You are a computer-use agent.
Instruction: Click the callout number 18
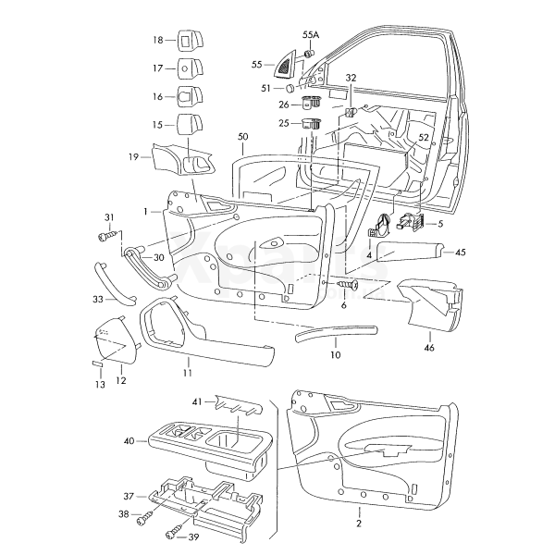click(x=157, y=40)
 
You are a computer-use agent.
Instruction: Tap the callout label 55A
click(x=310, y=34)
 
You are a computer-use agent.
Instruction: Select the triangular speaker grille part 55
click(x=282, y=65)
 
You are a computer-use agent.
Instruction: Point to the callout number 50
click(x=242, y=137)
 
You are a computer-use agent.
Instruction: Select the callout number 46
click(x=428, y=348)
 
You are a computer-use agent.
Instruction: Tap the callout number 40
click(x=128, y=441)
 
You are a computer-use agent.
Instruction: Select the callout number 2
click(x=358, y=524)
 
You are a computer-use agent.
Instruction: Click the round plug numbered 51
click(x=290, y=88)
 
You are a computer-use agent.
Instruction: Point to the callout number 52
click(x=425, y=137)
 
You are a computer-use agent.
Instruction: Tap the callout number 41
click(x=196, y=402)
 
